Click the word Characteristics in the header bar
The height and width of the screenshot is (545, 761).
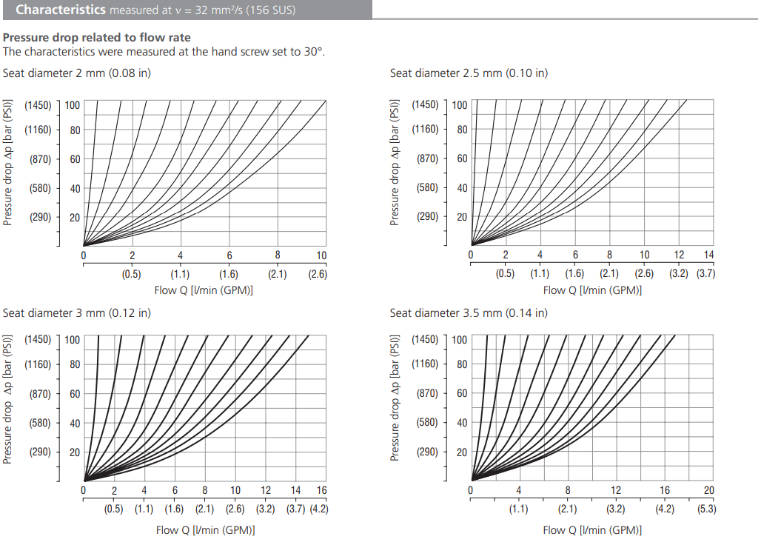click(61, 10)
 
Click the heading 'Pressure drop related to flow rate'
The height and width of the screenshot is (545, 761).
click(96, 38)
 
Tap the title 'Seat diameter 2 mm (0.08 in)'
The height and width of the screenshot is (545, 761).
click(77, 73)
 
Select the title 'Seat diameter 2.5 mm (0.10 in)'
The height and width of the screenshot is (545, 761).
click(469, 73)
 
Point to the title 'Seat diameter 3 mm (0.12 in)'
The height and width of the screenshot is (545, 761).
click(77, 312)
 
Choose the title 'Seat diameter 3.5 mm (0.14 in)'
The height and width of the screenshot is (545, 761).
click(469, 312)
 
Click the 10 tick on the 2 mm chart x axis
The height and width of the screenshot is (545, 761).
click(321, 255)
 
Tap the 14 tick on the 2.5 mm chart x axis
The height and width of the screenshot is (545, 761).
click(708, 255)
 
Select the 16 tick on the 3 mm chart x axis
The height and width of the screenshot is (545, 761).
click(321, 490)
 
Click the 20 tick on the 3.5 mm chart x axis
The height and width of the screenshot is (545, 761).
click(708, 490)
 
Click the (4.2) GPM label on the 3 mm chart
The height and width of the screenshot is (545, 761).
click(318, 509)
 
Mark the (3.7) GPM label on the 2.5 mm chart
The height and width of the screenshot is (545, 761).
click(705, 273)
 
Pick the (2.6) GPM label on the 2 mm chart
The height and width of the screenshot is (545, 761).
click(318, 274)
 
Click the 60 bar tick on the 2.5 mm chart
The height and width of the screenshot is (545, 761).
click(462, 158)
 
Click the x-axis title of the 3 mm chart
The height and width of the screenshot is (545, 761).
click(205, 529)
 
